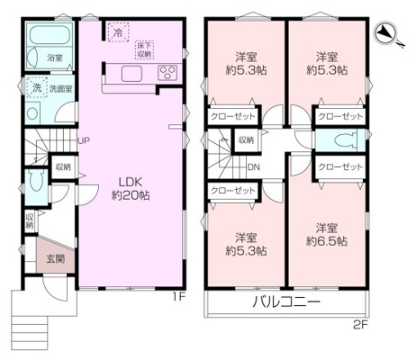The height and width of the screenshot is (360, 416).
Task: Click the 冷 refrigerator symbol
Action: point(118,31)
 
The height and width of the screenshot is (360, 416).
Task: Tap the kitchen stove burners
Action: point(168,73)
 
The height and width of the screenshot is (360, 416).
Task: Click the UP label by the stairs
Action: point(83,140)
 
